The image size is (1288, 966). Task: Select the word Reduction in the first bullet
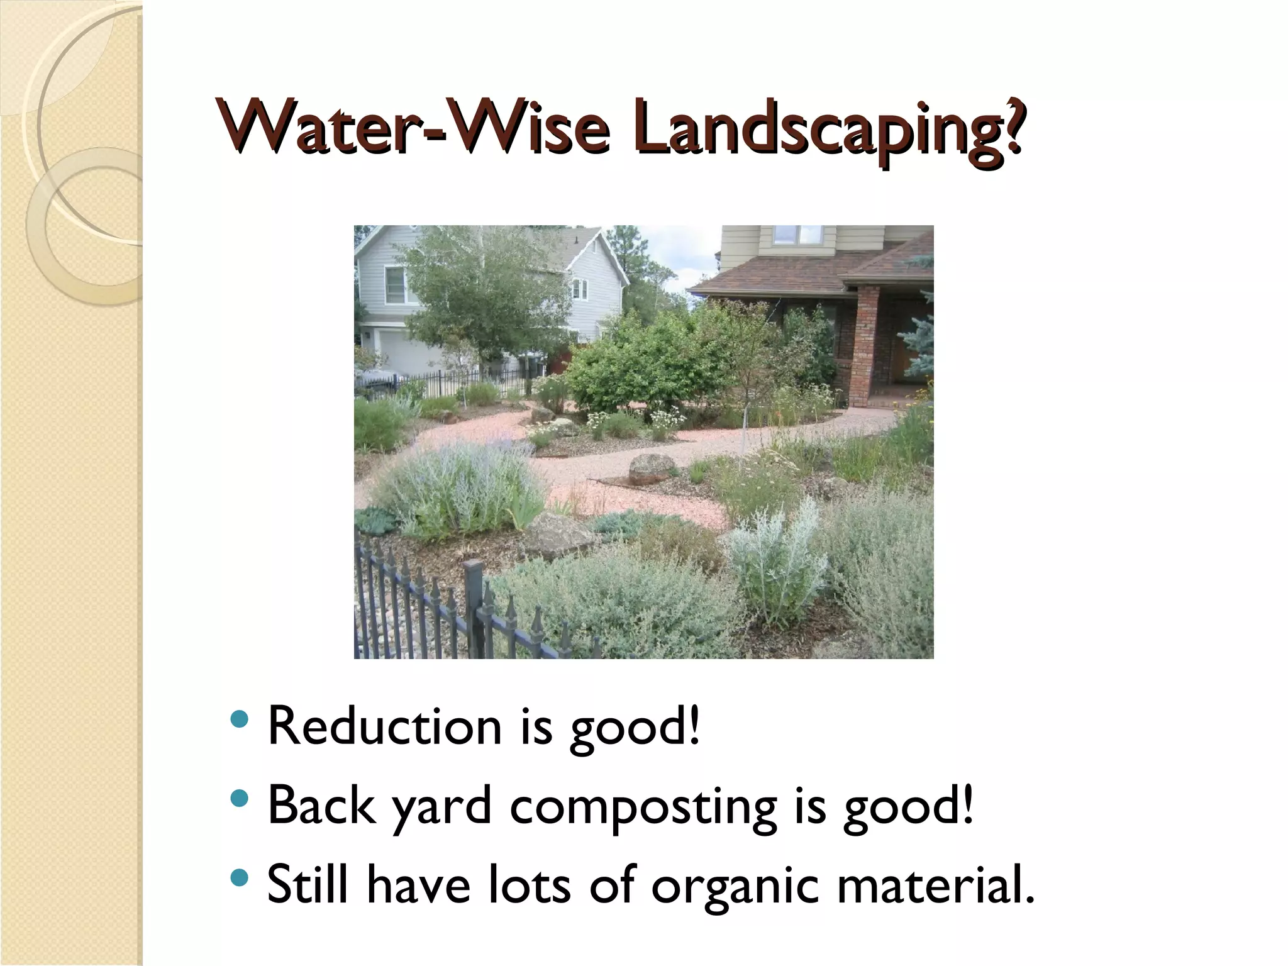384,727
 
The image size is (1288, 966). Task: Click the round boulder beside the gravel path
652,469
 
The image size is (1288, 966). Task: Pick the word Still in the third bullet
308,884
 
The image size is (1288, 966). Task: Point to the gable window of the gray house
579,289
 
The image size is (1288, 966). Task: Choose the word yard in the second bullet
441,808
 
